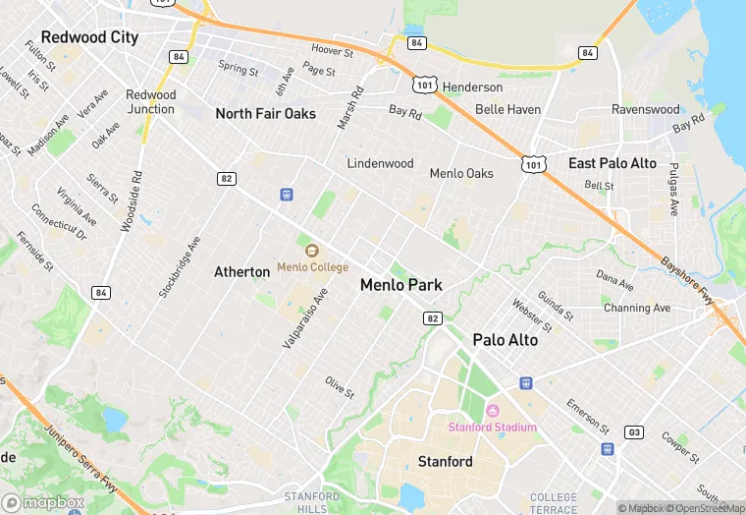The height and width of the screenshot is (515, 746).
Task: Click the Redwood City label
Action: coord(89,37)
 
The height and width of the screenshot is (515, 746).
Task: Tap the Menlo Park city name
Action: coord(400,285)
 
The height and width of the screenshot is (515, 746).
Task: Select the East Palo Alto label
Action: coord(613,163)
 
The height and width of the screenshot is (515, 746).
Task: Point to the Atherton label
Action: coord(242,271)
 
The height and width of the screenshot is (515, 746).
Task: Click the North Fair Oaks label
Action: coord(265,114)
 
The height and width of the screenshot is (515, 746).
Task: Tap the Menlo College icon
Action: coord(312,251)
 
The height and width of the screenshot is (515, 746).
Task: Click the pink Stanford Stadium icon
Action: coord(493,411)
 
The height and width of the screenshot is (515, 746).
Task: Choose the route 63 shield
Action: coord(635,431)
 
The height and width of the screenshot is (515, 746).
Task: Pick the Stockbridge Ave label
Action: coord(180,266)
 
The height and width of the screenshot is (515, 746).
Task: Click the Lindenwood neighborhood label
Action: coord(380,163)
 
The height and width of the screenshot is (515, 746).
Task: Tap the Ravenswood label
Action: coord(645,110)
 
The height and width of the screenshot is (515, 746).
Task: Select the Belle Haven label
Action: coord(507,110)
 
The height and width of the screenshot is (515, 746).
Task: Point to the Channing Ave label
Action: coord(637,308)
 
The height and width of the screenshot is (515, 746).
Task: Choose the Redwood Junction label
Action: coord(151,102)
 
